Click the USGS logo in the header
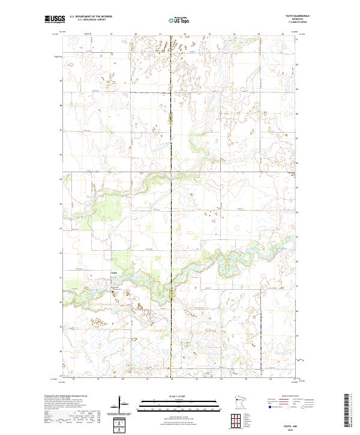click(56, 19)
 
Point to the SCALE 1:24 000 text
click(171, 396)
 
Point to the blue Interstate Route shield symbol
click(269, 406)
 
